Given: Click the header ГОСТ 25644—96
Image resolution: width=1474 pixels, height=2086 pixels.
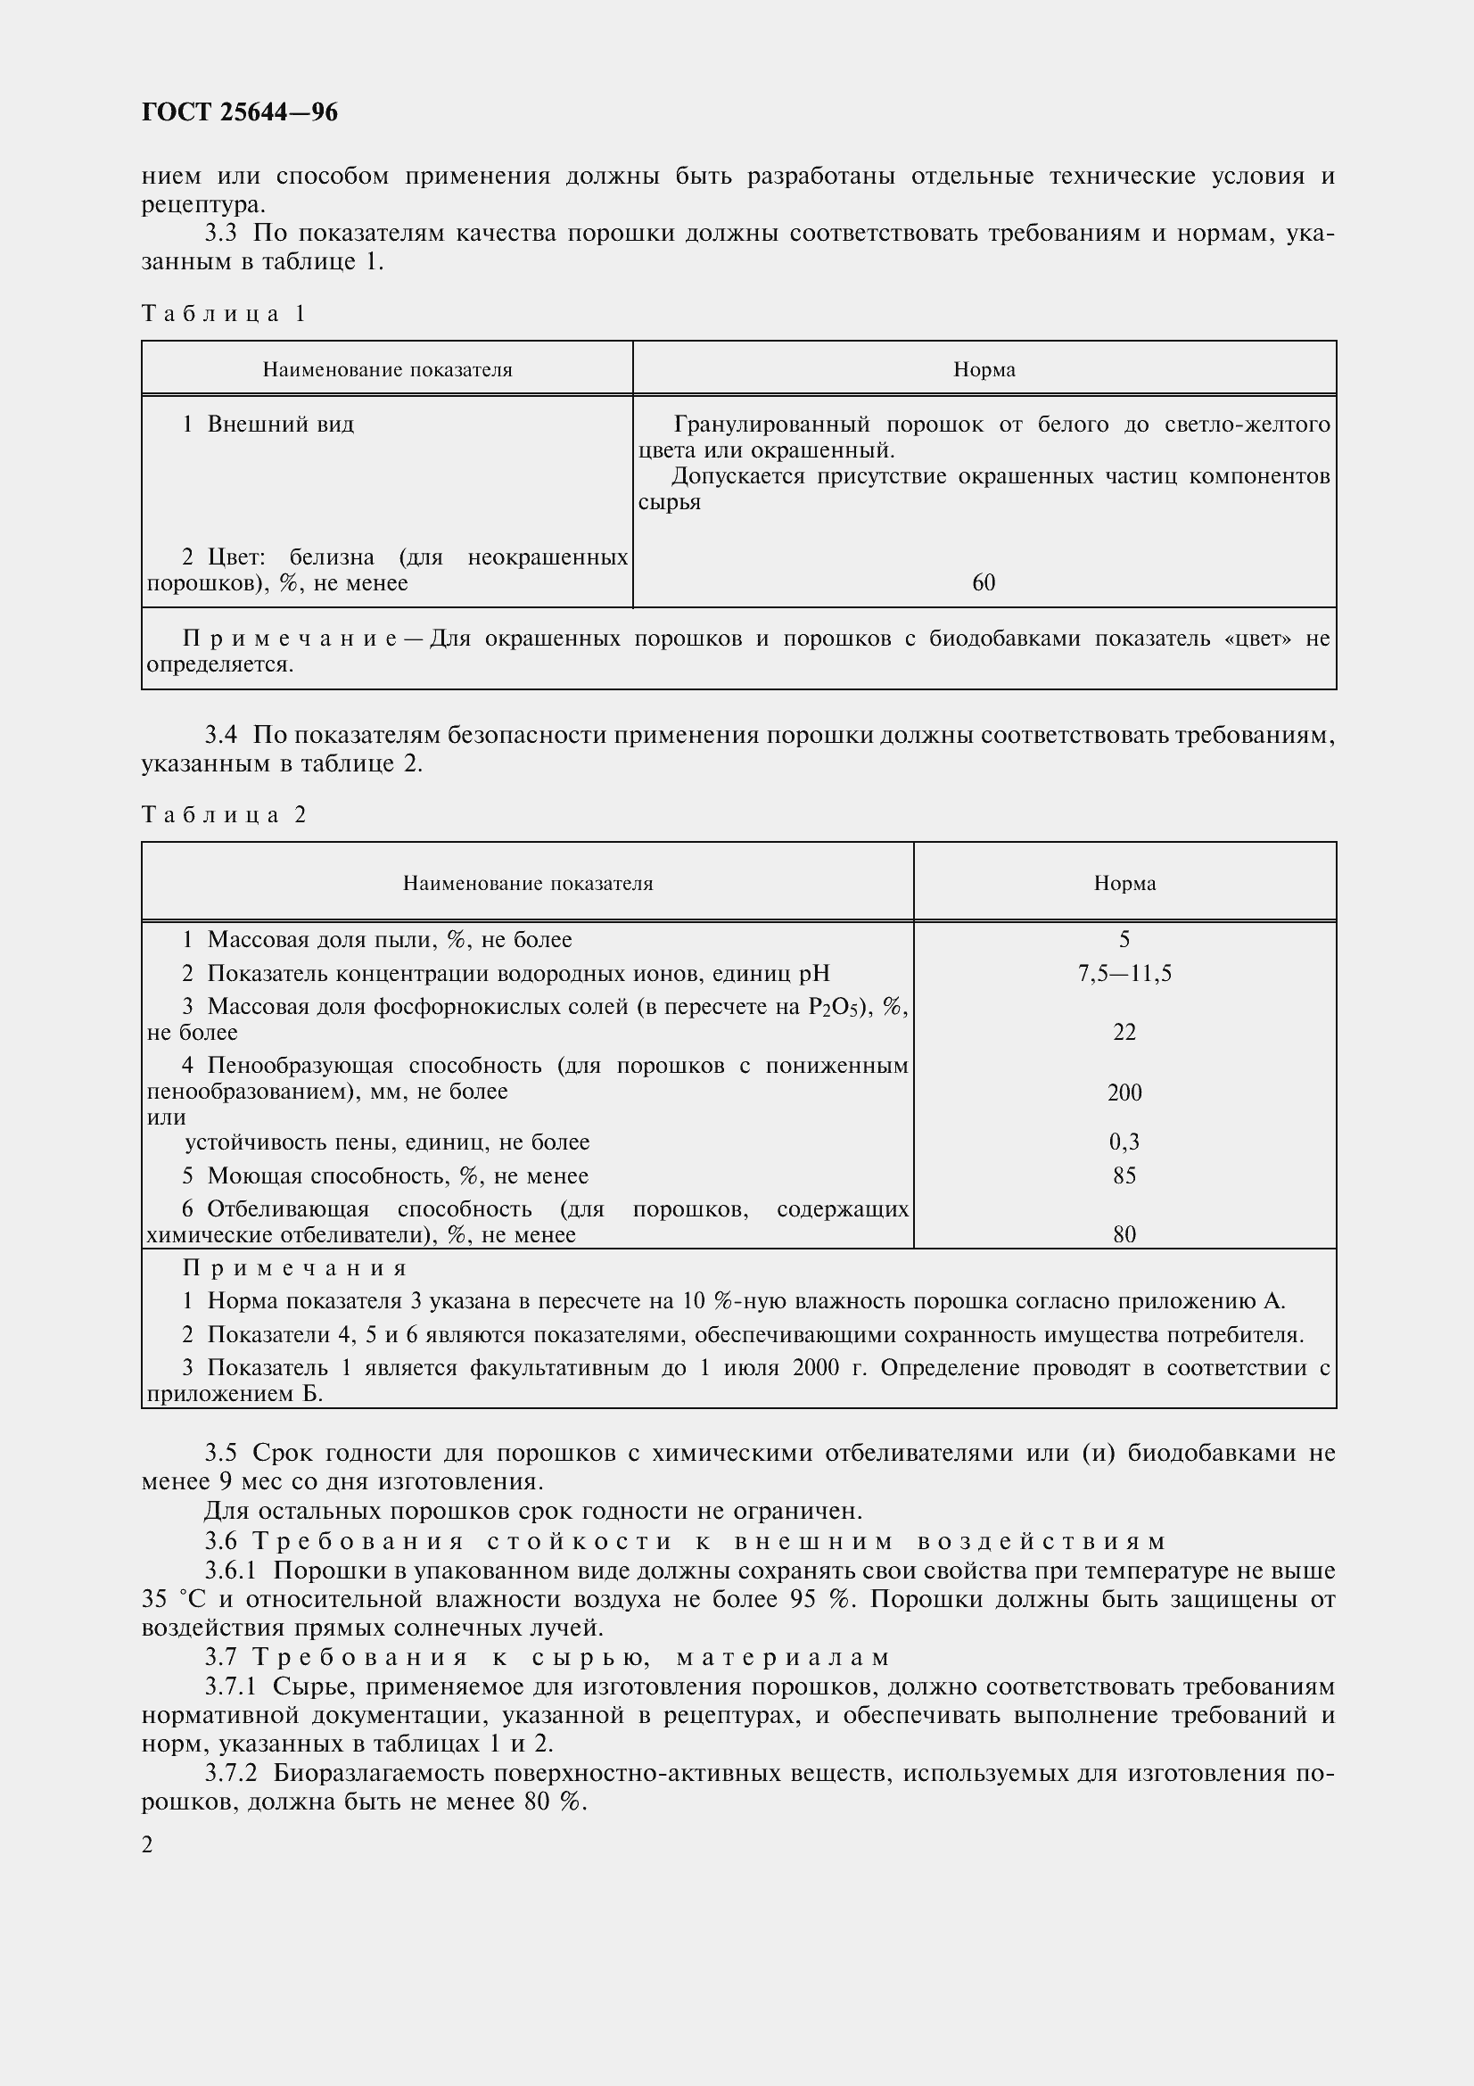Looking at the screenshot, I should tap(240, 112).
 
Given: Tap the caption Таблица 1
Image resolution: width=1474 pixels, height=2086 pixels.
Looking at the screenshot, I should tap(225, 314).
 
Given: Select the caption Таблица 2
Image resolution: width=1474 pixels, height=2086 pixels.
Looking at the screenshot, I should tap(225, 815).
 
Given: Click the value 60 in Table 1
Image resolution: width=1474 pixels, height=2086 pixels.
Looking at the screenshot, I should tap(984, 583).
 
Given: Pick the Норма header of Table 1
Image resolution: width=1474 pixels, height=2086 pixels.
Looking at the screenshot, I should tap(984, 370).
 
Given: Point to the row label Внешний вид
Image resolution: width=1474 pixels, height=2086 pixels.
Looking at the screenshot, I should tap(281, 425).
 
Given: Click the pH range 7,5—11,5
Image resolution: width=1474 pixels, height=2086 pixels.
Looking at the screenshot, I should tap(1124, 974).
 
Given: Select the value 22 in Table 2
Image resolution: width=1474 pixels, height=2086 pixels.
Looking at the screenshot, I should tap(1124, 1032).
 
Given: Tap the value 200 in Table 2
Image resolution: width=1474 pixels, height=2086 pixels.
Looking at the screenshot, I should tap(1124, 1093).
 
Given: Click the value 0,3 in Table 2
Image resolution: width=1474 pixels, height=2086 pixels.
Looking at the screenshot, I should tap(1124, 1142).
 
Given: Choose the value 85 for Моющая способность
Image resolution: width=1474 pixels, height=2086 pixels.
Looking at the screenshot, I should tap(1124, 1175).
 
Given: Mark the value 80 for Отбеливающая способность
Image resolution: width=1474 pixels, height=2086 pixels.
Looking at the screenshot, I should tap(1124, 1233).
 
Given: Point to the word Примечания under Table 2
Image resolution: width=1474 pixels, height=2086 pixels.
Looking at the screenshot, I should tap(295, 1267).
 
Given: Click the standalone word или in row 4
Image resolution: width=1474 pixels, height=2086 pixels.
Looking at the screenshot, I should tap(166, 1117).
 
